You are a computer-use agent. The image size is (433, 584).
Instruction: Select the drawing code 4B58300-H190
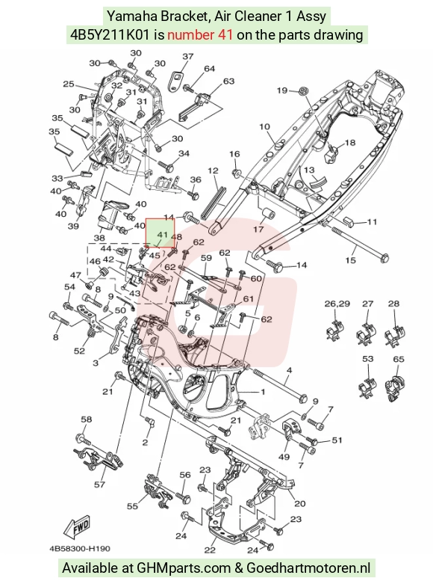coord(80,548)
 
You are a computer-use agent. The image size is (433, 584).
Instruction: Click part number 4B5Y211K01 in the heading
coord(110,34)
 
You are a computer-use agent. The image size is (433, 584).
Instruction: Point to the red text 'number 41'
coord(200,34)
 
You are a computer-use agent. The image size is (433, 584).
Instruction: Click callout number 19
coord(282,90)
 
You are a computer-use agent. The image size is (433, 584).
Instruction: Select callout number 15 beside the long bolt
coord(351,259)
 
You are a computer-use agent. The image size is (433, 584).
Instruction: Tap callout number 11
coord(372,221)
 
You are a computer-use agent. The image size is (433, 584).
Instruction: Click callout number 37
coord(188,56)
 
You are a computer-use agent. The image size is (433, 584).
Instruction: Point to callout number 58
coord(87,419)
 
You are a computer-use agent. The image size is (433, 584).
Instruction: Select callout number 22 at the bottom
coord(211,550)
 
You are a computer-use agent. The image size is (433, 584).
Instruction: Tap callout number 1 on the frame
coord(263,391)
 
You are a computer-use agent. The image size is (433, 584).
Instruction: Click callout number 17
coord(258,229)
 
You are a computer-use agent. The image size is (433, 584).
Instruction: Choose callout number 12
coord(213,170)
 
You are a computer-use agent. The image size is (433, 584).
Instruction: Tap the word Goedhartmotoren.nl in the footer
coord(308,568)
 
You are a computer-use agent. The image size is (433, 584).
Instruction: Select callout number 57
coord(100,485)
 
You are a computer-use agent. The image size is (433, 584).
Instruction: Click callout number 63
coord(228,81)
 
